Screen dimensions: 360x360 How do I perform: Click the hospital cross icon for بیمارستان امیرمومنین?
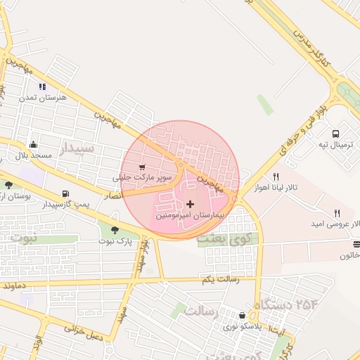coord(190,204)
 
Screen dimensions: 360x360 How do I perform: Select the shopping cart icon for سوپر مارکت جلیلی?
coord(143,167)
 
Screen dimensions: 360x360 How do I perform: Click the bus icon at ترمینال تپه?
coord(335,133)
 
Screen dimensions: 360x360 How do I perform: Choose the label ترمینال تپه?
coord(337,144)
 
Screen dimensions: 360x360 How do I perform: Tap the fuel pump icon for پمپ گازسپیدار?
coord(65,193)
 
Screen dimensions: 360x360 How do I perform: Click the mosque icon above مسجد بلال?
coord(33,144)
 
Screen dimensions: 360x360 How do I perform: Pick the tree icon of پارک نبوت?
coord(115,229)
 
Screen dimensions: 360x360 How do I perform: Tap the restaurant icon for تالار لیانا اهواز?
coord(276,177)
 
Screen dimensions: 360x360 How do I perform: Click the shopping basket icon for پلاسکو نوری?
coord(243,316)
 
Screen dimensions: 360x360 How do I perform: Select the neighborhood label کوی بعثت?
coord(228,239)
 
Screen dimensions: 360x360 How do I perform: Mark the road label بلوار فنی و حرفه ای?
coord(304,126)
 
